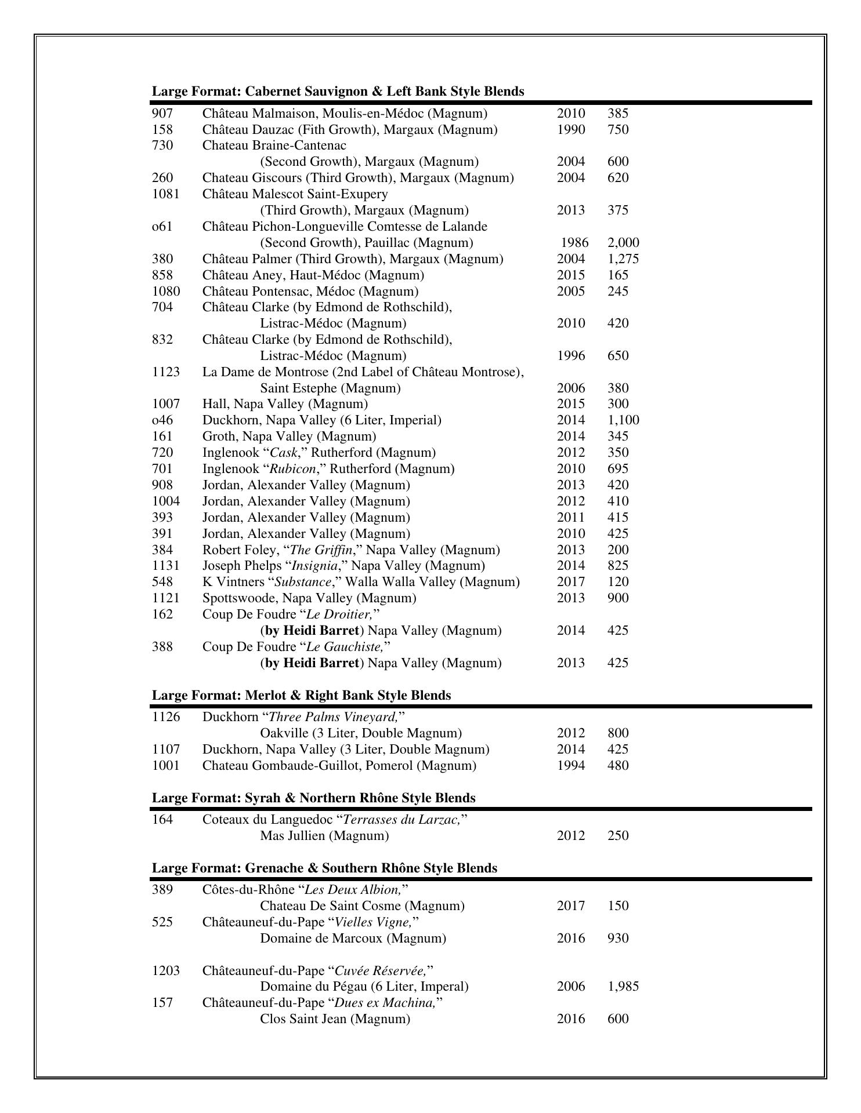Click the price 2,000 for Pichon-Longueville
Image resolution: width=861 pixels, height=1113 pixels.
click(x=623, y=242)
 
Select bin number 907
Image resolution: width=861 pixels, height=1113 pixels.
click(x=162, y=113)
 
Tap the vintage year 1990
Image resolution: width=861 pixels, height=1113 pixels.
click(x=571, y=129)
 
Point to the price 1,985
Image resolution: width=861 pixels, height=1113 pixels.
click(x=623, y=986)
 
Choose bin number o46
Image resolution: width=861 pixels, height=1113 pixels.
click(x=162, y=420)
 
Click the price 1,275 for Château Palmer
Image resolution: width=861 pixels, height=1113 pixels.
click(x=623, y=259)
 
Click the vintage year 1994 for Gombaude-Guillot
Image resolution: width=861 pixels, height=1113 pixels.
click(x=571, y=765)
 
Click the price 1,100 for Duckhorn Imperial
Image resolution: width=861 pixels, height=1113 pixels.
click(x=623, y=420)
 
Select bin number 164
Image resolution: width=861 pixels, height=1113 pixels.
click(x=162, y=819)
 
